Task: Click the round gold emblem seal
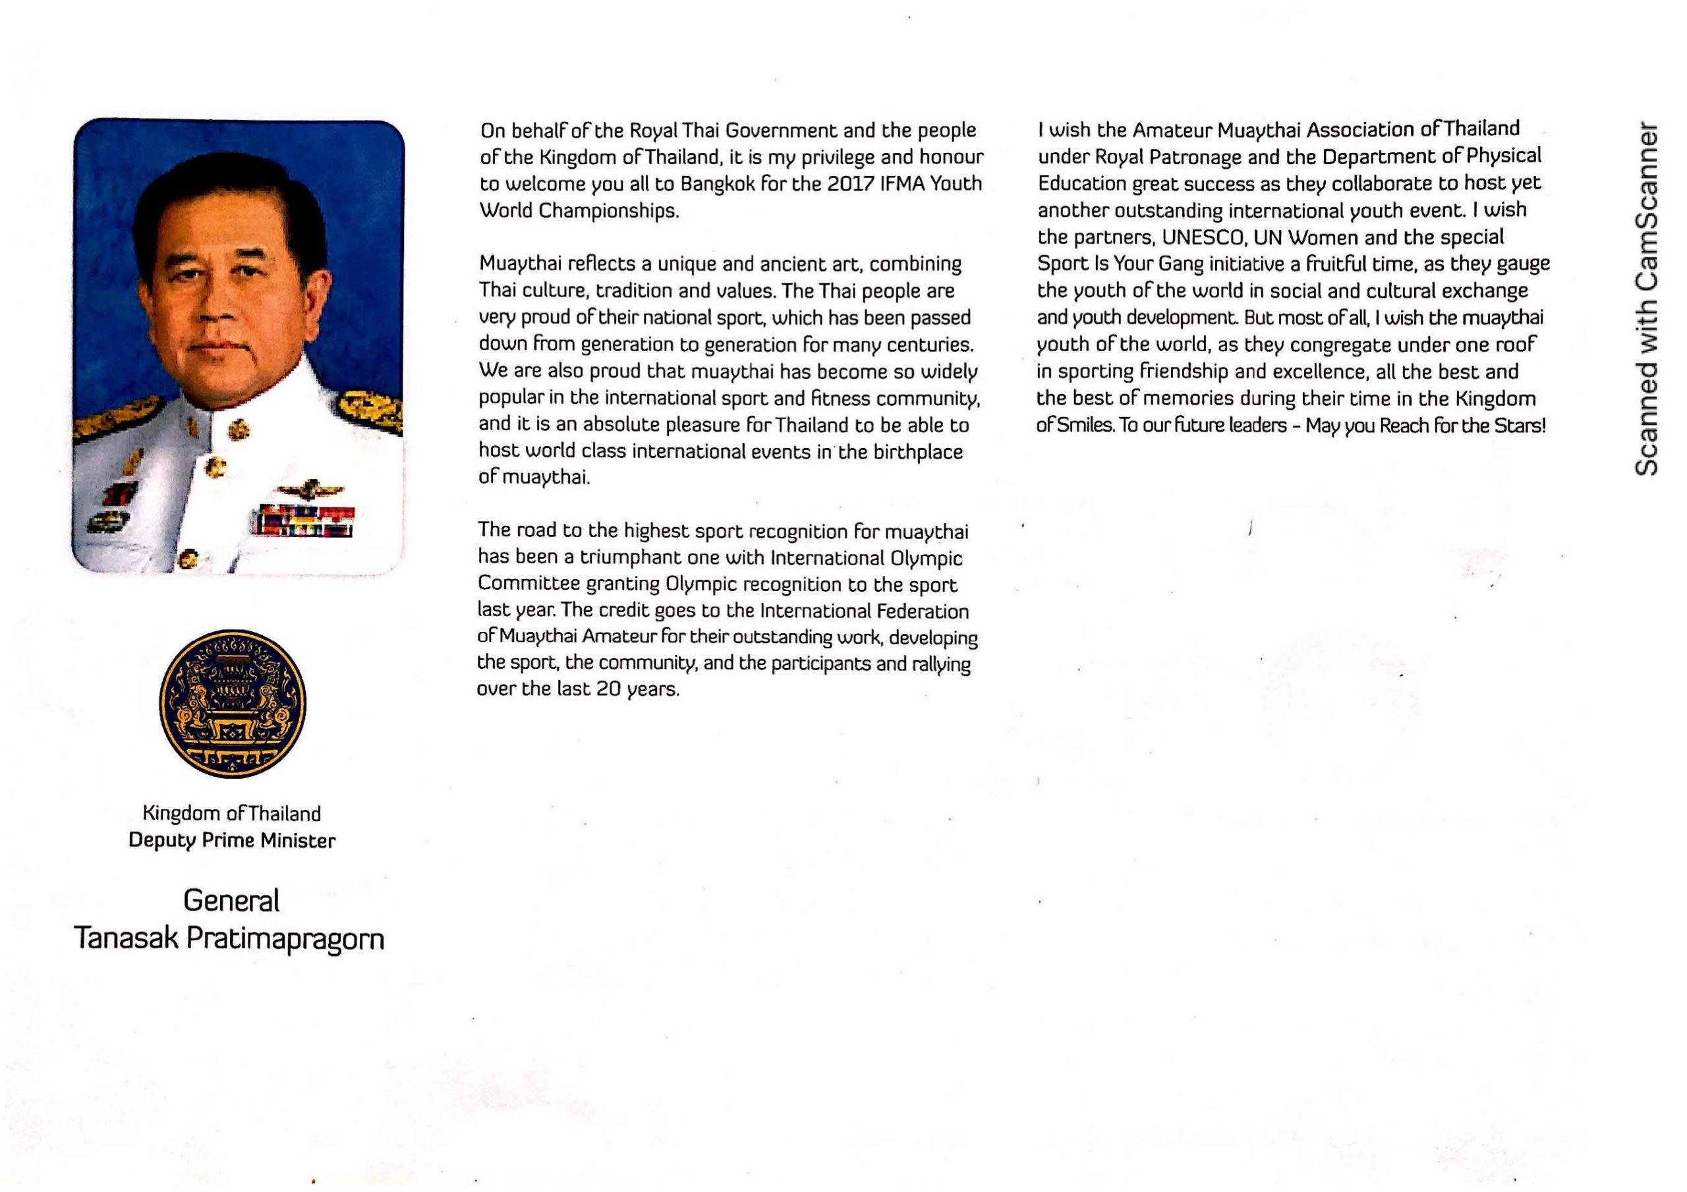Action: point(232,703)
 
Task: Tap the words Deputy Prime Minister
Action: point(232,840)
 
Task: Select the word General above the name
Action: point(231,900)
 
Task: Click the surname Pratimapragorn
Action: point(285,939)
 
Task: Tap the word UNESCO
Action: point(1194,237)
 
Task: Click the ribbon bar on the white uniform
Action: point(302,521)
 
